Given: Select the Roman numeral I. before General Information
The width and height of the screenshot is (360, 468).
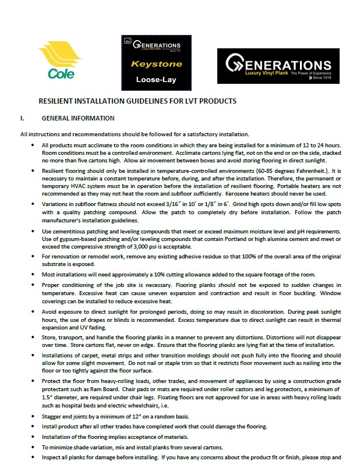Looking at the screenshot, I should (x=22, y=118).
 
